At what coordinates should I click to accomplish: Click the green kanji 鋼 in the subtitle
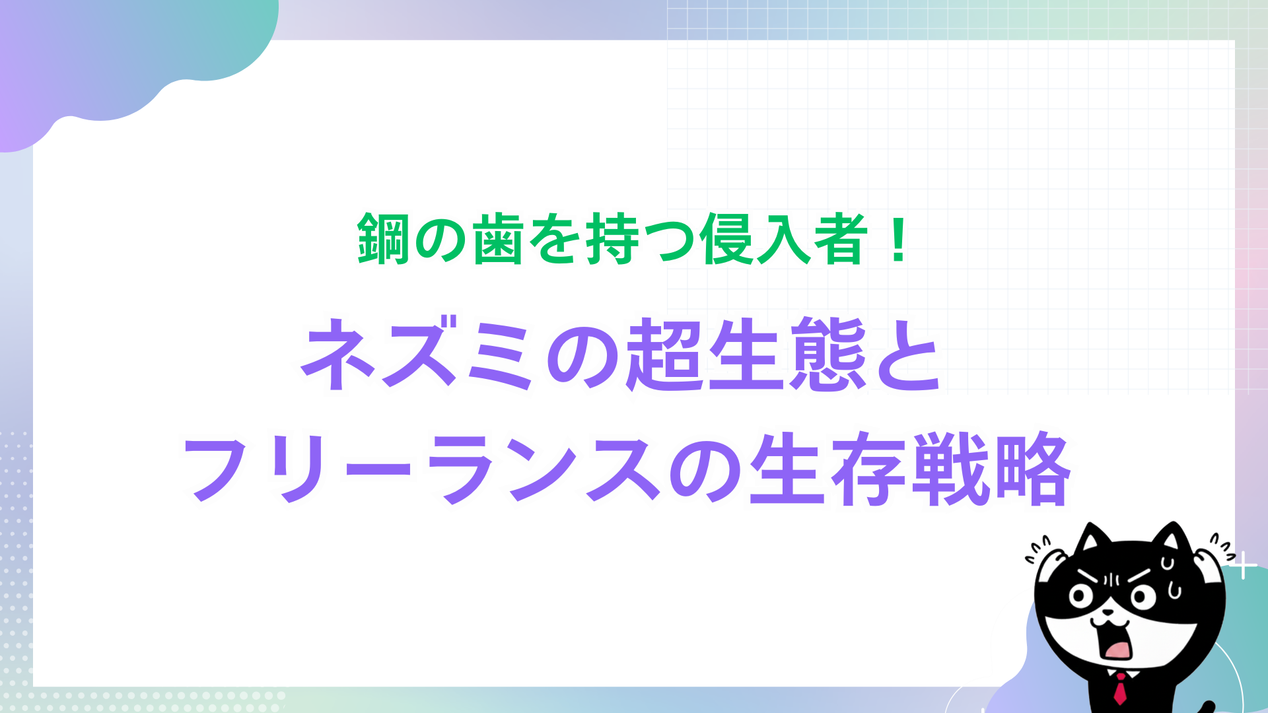383,239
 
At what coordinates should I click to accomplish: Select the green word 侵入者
783,239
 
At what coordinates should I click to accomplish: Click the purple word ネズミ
417,354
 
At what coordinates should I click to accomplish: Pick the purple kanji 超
664,354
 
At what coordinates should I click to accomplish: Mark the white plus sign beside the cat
1244,566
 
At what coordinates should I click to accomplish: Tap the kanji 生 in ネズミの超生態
746,354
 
